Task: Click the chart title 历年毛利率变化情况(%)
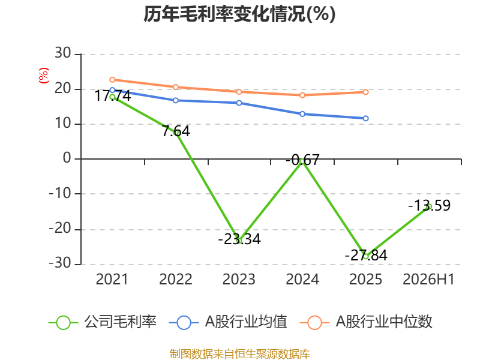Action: tap(239, 14)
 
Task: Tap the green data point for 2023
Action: tap(239, 241)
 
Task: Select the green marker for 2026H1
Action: tap(429, 206)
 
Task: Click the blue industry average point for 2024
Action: tap(302, 114)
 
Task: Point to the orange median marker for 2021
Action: tap(112, 80)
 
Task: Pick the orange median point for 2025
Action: tap(366, 92)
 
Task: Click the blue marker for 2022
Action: tap(176, 100)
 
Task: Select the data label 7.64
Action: tap(176, 131)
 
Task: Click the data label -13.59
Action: tap(430, 205)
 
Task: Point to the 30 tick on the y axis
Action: tap(63, 53)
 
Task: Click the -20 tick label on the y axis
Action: tap(60, 229)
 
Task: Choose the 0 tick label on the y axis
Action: tap(67, 158)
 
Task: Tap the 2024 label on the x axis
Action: tap(302, 280)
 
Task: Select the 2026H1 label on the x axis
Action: tap(428, 280)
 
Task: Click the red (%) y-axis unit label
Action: tap(44, 76)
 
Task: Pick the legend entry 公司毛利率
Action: tap(103, 322)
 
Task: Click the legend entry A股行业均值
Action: tap(228, 322)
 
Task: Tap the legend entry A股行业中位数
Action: tap(366, 322)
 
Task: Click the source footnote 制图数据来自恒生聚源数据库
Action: tap(240, 354)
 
